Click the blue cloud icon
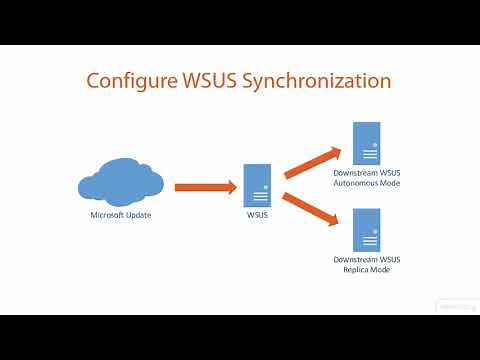120,185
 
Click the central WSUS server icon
256,184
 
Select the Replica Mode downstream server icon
366,228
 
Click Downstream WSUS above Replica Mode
366,260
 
